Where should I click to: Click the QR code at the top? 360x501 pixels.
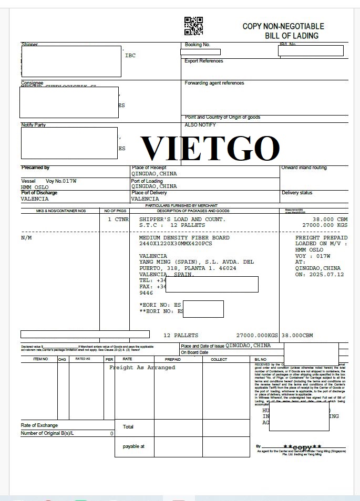(193, 26)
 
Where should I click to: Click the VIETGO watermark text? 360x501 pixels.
(210, 148)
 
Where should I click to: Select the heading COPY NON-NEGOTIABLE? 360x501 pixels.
(283, 26)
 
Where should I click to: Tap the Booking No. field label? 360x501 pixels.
(198, 45)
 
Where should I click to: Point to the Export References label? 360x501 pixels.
(204, 61)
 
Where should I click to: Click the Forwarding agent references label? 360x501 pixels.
(214, 83)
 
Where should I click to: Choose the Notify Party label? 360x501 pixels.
(34, 125)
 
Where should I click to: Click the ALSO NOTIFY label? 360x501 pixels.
(200, 125)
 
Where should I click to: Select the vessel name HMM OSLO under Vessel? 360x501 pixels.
(35, 187)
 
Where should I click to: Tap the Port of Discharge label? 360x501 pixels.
(39, 193)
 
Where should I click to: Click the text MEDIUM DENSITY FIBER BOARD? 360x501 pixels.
(184, 238)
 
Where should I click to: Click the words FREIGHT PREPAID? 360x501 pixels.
(321, 238)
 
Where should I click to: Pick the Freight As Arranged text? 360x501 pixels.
(142, 368)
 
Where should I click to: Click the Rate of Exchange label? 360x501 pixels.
(39, 425)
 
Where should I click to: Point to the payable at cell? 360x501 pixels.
(133, 446)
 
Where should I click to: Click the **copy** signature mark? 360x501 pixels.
(302, 447)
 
